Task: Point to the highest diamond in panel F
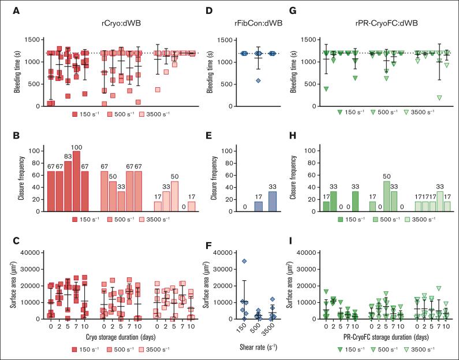[244, 262]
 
